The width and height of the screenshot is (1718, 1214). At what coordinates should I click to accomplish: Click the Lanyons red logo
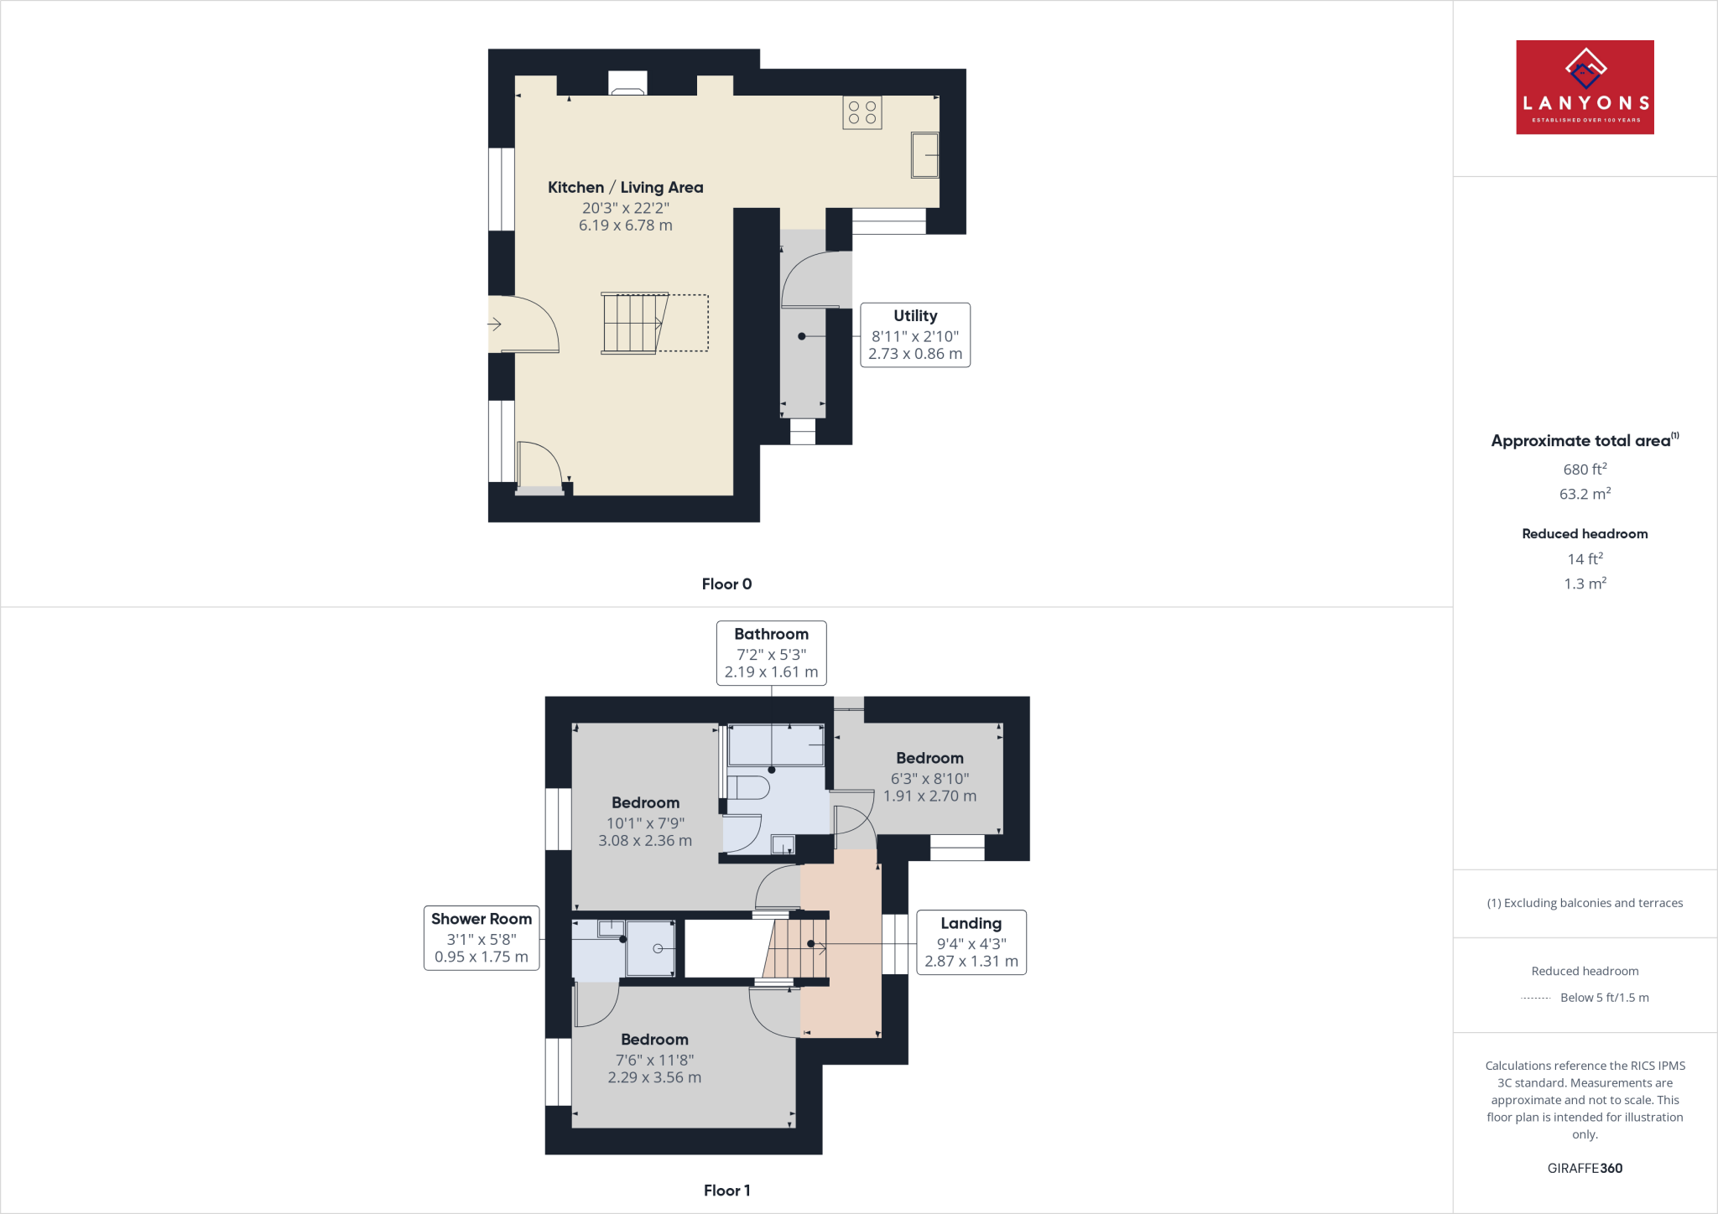[1584, 87]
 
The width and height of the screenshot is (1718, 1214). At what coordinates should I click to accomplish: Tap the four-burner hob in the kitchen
[862, 112]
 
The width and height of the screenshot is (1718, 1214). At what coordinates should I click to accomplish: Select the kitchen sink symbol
[924, 155]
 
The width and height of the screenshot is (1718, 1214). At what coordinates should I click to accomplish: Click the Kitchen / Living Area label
[625, 188]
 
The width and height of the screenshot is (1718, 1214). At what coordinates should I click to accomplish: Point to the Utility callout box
[914, 335]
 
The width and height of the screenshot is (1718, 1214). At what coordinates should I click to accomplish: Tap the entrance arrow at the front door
[494, 324]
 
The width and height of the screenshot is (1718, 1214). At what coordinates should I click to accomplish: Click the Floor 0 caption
[726, 584]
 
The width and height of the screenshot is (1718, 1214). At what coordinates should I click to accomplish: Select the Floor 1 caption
[726, 1191]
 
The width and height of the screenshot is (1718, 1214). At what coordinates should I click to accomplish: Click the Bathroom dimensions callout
[771, 653]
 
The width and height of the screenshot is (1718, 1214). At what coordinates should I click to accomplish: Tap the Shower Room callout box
[481, 938]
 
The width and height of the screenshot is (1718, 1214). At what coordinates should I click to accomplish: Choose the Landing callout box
[971, 942]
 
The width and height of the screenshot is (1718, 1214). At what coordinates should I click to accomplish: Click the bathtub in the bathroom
[776, 745]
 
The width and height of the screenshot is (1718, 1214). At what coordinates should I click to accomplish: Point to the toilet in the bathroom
[749, 788]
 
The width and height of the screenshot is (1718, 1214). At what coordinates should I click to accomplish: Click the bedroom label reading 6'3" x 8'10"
[929, 777]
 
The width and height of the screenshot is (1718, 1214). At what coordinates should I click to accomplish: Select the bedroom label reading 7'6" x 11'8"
[654, 1059]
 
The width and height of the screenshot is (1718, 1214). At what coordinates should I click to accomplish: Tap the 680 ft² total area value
[1584, 470]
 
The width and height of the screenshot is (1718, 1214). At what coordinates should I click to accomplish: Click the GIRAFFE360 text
[1584, 1168]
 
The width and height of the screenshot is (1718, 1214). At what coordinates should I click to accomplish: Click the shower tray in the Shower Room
[650, 948]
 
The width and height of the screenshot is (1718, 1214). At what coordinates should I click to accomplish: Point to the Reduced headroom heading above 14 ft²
[1584, 534]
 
